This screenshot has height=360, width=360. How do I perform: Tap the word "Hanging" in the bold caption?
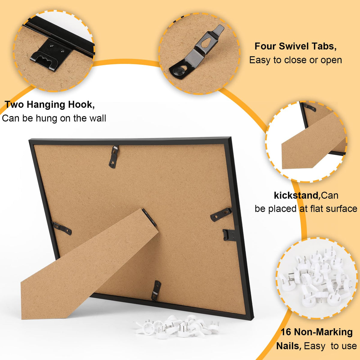pyautogui.click(x=46, y=105)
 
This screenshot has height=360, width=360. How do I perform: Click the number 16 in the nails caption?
pyautogui.click(x=286, y=332)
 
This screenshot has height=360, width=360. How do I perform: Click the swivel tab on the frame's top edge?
pyautogui.click(x=114, y=157)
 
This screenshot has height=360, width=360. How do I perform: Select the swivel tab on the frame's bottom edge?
pyautogui.click(x=156, y=290)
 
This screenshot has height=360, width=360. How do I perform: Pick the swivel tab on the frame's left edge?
pyautogui.click(x=62, y=228)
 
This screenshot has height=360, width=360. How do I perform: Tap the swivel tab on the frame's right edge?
pyautogui.click(x=221, y=214)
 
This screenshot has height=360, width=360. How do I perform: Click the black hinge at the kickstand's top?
pyautogui.click(x=149, y=217)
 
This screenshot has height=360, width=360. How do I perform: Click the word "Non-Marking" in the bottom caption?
pyautogui.click(x=323, y=332)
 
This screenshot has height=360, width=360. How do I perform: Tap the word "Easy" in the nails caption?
pyautogui.click(x=315, y=346)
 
